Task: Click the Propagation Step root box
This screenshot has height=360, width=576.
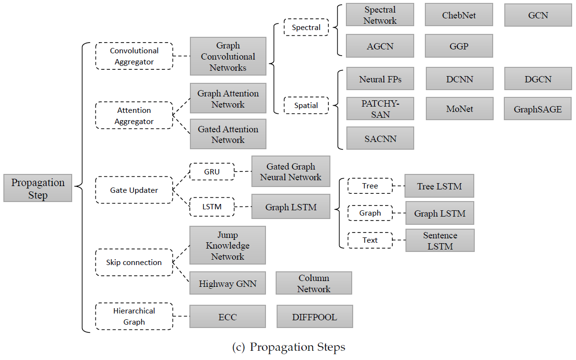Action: click(38, 188)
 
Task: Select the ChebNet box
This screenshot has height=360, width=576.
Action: click(459, 15)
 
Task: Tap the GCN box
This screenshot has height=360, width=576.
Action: click(538, 15)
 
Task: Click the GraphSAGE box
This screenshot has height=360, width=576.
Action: click(538, 109)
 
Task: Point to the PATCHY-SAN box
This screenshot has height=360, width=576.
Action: click(380, 109)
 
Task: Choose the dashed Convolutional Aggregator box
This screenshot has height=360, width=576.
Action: click(134, 56)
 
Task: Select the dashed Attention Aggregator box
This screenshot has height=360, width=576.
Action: click(134, 115)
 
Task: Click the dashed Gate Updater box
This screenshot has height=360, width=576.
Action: click(134, 190)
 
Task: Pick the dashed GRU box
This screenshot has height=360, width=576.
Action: click(212, 172)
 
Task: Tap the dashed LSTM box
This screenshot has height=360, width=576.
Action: click(212, 206)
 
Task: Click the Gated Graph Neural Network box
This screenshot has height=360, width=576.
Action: click(291, 172)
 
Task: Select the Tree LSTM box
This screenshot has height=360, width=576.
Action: click(439, 186)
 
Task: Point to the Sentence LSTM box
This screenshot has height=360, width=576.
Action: click(440, 240)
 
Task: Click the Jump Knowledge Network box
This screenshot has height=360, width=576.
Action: click(228, 246)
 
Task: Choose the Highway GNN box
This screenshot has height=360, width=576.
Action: click(228, 283)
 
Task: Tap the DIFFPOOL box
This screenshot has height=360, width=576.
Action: click(314, 317)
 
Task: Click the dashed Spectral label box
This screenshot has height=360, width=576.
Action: click(306, 27)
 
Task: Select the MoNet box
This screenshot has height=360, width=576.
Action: click(459, 109)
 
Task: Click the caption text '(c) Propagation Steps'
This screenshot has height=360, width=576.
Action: click(289, 347)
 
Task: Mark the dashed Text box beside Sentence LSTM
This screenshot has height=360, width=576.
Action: click(370, 240)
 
